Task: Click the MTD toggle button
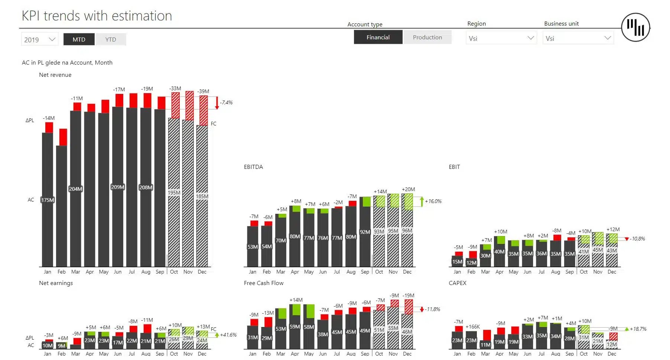pyautogui.click(x=79, y=39)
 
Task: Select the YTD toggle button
pyautogui.click(x=111, y=39)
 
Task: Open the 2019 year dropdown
pyautogui.click(x=40, y=39)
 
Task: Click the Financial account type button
pyautogui.click(x=378, y=37)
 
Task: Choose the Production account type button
pyautogui.click(x=427, y=37)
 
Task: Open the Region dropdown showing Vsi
pyautogui.click(x=501, y=38)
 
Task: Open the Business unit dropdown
pyautogui.click(x=578, y=38)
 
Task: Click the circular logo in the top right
pyautogui.click(x=635, y=27)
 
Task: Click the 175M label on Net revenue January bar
pyautogui.click(x=48, y=200)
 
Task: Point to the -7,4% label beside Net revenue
pyautogui.click(x=226, y=102)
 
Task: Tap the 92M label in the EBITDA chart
pyautogui.click(x=365, y=232)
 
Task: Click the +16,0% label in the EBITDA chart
pyautogui.click(x=433, y=201)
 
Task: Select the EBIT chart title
pyautogui.click(x=454, y=167)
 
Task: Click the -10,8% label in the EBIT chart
pyautogui.click(x=638, y=239)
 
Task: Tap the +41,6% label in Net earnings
pyautogui.click(x=228, y=335)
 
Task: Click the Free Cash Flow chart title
pyautogui.click(x=263, y=283)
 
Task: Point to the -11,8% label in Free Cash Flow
pyautogui.click(x=433, y=309)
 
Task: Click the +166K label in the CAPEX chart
pyautogui.click(x=473, y=327)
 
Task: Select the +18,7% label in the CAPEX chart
pyautogui.click(x=638, y=329)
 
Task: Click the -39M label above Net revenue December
pyautogui.click(x=203, y=91)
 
